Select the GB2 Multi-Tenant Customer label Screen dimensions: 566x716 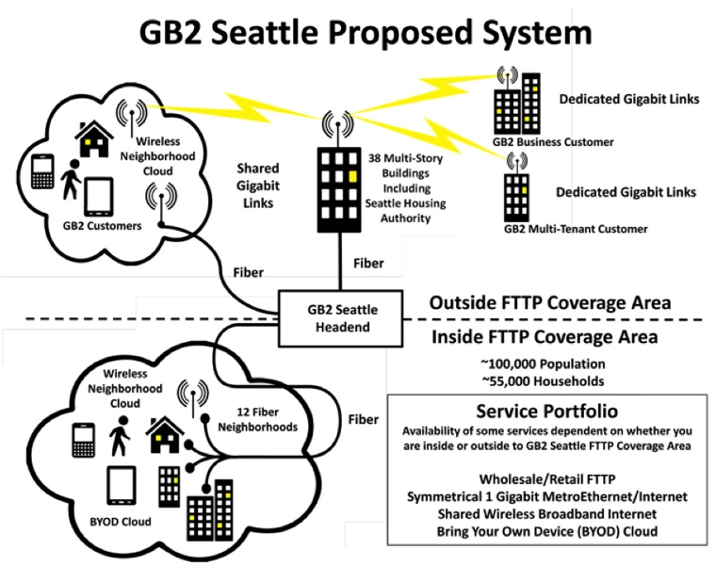coord(577,229)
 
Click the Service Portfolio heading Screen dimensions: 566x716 coord(546,412)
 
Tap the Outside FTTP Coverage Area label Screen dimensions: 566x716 coord(550,303)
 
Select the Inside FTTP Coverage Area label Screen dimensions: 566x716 coord(545,337)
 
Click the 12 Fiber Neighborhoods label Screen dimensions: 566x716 coord(268,419)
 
